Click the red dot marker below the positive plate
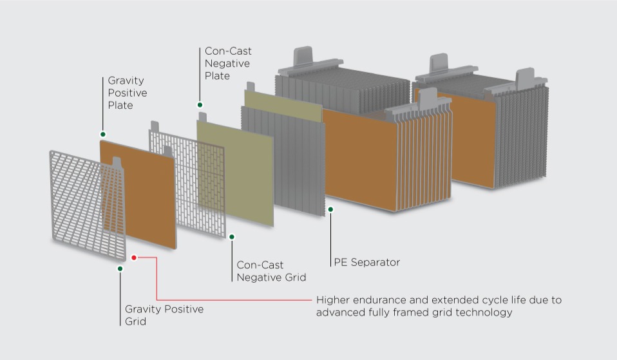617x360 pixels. click(134, 258)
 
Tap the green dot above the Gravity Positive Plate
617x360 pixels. click(102, 135)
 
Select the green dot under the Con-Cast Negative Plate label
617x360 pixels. click(200, 104)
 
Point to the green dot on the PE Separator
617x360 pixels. click(330, 209)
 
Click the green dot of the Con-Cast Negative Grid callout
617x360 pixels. click(231, 237)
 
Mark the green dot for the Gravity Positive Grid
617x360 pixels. click(120, 269)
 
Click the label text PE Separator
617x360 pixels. click(366, 262)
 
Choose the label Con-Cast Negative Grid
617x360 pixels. click(271, 271)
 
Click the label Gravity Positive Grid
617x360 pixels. click(164, 315)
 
